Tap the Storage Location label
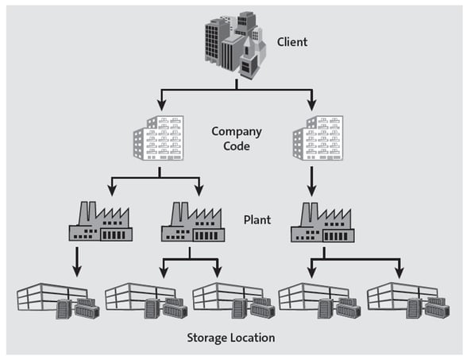pyautogui.click(x=230, y=338)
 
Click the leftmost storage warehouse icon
pyautogui.click(x=60, y=300)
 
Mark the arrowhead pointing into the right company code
pyautogui.click(x=311, y=104)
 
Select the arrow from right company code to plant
pyautogui.click(x=311, y=181)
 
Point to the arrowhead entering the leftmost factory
pyautogui.click(x=111, y=191)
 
